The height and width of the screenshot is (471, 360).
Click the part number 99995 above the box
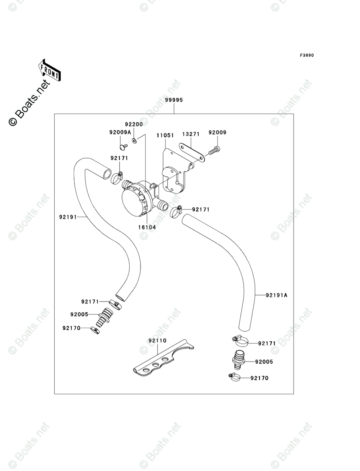(174, 100)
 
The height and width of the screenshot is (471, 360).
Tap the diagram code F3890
(306, 55)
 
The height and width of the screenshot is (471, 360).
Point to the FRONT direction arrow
(50, 70)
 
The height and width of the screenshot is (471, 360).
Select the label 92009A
(120, 132)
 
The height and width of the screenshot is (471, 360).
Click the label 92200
(134, 125)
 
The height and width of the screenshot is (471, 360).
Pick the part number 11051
(166, 135)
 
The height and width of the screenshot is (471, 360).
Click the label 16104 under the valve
(147, 227)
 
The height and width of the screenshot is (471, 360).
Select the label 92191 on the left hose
(68, 217)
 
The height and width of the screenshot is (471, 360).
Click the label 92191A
(276, 295)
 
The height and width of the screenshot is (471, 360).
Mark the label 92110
(157, 341)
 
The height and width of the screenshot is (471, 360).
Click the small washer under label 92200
(134, 140)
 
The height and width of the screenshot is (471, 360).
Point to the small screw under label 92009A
(123, 147)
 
